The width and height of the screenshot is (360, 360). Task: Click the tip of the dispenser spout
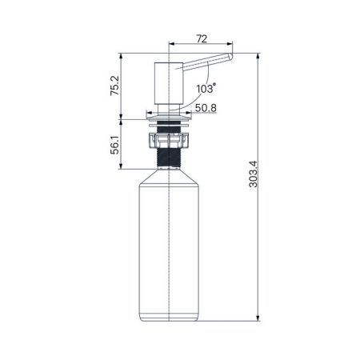pyautogui.click(x=230, y=58)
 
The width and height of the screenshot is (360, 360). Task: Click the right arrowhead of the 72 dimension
pyautogui.click(x=230, y=44)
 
